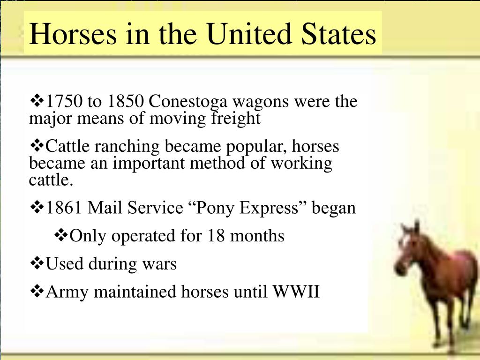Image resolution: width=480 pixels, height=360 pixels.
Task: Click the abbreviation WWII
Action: point(297,292)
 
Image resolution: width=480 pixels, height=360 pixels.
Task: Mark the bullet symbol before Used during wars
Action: point(37,263)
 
